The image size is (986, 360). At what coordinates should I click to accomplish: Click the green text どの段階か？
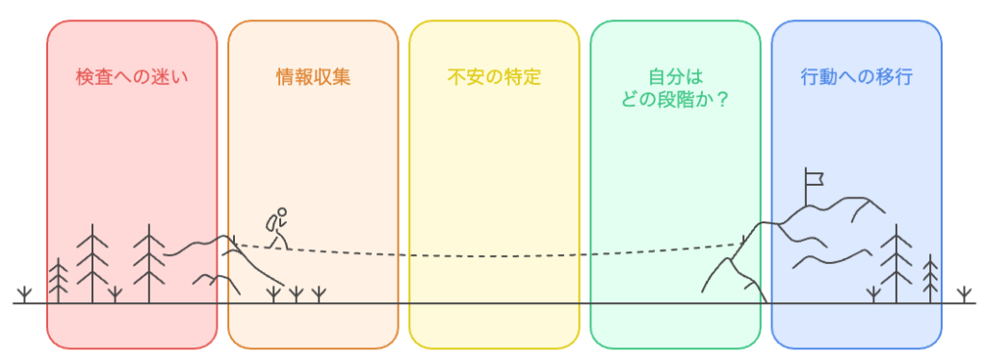point(675,97)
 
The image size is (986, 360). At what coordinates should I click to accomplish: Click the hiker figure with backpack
point(277,228)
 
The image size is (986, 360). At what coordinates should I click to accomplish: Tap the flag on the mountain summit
point(815,178)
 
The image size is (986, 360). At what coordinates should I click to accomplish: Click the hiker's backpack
point(272,223)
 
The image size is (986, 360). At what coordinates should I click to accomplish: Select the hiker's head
point(282,213)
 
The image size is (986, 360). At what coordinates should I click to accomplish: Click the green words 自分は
point(674,75)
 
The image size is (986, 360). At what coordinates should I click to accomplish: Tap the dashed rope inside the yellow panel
point(494,255)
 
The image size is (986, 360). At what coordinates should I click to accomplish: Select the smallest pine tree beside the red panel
point(59,279)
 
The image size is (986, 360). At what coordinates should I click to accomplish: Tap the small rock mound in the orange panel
point(217,281)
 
